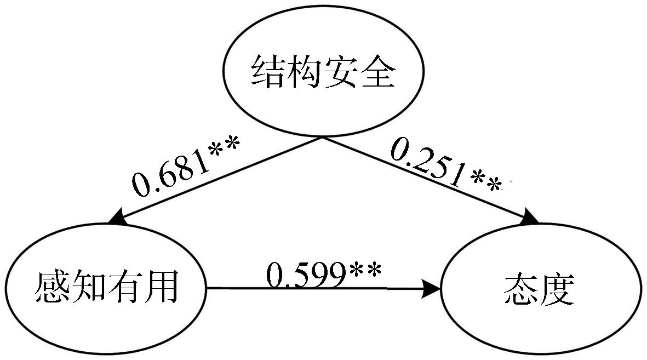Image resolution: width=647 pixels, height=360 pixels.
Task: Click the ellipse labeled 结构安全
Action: [x=323, y=72]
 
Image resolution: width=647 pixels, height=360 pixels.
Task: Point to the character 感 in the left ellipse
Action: [x=53, y=287]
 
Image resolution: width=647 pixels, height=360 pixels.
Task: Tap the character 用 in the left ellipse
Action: [x=161, y=287]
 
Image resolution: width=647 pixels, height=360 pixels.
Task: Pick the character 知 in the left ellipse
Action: [x=89, y=287]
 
